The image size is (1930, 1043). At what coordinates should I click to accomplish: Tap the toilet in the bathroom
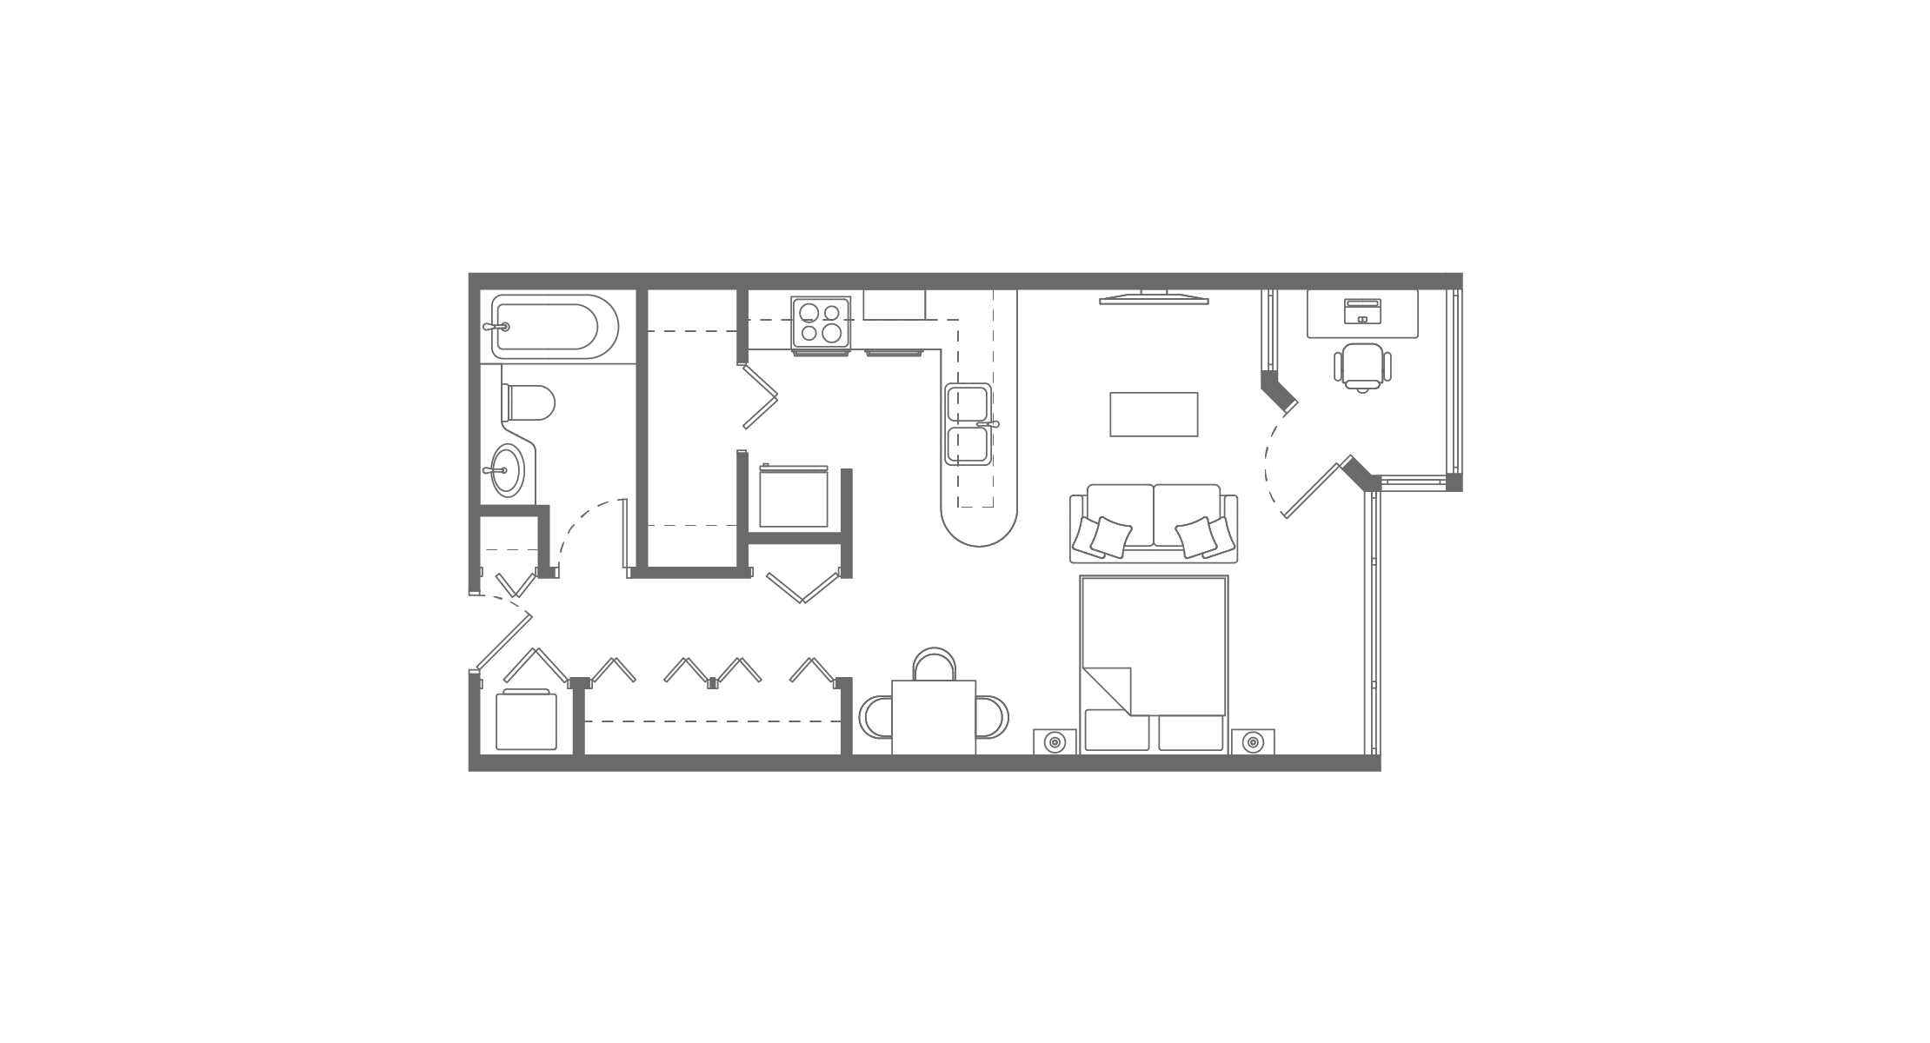529,402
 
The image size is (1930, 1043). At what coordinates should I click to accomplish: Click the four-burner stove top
821,322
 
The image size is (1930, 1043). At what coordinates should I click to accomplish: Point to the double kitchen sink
968,425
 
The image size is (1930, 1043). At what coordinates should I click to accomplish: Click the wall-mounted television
1154,300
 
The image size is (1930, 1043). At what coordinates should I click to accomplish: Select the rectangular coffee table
1154,415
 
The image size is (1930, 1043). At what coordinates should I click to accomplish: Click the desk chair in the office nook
1362,365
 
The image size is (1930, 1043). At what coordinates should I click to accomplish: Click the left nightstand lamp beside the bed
1055,742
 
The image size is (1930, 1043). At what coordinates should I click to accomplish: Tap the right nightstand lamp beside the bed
1253,742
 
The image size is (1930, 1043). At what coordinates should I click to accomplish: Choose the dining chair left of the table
875,718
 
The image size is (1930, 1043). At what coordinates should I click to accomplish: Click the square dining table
935,718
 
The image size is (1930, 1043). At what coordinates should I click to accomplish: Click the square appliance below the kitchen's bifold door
794,497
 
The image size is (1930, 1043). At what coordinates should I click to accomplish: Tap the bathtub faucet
497,328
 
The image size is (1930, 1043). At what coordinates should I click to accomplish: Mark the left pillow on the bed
1117,733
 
